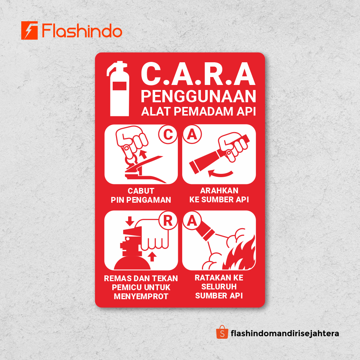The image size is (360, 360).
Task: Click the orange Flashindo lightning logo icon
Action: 30,30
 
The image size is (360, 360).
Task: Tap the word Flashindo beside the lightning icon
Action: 82,31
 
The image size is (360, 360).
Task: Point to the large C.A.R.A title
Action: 198,75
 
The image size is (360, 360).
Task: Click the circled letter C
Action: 168,134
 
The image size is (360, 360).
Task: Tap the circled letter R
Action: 168,221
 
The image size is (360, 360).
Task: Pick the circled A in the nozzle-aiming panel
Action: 192,134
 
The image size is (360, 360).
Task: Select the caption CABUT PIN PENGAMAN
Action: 141,195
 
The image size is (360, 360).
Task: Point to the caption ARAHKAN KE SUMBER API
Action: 219,195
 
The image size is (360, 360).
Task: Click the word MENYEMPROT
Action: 141,296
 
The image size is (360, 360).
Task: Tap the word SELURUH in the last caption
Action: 219,287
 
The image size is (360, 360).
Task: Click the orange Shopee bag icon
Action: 222,333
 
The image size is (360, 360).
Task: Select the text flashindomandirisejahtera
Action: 285,333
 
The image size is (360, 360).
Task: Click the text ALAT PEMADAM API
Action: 198,111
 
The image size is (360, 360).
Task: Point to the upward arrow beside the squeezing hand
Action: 152,256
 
